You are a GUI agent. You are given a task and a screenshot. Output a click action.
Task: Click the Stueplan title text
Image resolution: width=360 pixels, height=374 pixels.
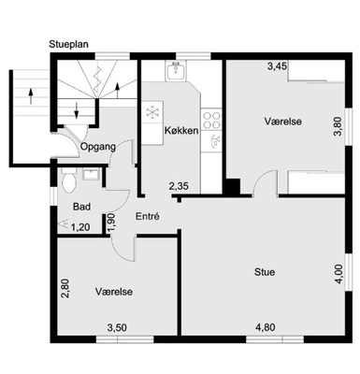click(68, 45)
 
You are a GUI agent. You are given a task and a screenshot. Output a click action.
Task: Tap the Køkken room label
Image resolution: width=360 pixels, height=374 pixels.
click(181, 130)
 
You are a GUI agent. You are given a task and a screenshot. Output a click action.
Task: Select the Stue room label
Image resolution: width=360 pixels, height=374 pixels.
click(265, 272)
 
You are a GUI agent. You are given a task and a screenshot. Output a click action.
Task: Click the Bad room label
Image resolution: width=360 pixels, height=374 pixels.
click(81, 207)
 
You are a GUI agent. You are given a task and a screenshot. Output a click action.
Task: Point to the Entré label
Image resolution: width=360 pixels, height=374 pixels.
click(148, 216)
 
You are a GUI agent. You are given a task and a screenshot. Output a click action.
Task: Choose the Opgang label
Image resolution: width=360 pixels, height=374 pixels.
click(98, 147)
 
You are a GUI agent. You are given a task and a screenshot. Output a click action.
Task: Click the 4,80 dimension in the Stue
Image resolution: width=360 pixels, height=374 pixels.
click(266, 327)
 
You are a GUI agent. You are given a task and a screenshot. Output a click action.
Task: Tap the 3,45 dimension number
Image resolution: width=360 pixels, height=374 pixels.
click(277, 66)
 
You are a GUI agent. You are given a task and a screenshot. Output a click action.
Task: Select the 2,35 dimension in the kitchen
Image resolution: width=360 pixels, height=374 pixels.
click(179, 187)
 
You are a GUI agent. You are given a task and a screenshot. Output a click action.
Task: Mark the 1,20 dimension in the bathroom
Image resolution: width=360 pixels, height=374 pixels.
click(80, 228)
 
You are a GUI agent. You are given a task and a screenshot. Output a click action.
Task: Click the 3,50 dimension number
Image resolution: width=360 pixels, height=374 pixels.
click(117, 327)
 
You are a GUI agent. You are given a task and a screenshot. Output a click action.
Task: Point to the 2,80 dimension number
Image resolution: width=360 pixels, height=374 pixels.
click(65, 289)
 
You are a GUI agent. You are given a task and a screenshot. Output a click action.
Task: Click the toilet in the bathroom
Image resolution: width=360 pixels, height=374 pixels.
click(69, 180)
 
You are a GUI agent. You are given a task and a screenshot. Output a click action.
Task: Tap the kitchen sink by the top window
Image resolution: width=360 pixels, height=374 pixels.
click(177, 70)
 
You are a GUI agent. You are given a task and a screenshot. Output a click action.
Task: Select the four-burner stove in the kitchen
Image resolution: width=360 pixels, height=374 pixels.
click(211, 120)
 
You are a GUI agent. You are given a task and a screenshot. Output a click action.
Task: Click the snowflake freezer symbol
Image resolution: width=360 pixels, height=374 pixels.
click(152, 112)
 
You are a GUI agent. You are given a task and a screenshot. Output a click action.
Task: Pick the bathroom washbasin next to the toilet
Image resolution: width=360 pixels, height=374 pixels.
click(91, 174)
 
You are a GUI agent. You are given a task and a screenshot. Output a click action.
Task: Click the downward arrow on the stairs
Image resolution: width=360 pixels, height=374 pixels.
click(77, 110)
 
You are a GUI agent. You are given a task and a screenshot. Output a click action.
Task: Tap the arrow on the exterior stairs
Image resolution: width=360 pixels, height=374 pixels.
click(31, 96)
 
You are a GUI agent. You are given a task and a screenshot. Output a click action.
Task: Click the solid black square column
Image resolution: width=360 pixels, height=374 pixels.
click(232, 186)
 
